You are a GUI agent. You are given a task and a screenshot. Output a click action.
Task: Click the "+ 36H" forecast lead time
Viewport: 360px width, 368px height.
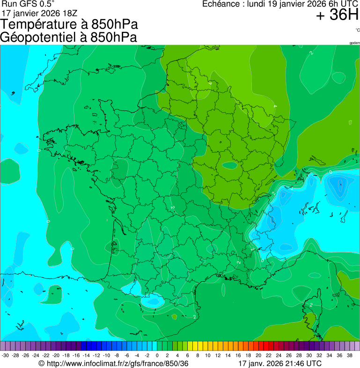click(x=337, y=15)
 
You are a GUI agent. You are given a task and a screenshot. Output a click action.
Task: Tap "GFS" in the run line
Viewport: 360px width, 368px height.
click(x=25, y=4)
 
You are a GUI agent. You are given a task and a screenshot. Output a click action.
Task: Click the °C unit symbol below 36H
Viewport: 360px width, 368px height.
click(x=357, y=30)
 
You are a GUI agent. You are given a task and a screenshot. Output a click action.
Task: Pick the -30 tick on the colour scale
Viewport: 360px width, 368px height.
click(x=5, y=356)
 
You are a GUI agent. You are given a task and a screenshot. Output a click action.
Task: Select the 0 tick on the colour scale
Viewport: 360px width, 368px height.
click(x=157, y=356)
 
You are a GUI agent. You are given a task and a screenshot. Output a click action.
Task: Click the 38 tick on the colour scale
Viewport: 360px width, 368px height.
click(x=349, y=356)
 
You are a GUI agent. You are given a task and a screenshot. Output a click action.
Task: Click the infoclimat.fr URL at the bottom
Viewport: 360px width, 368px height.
click(x=117, y=363)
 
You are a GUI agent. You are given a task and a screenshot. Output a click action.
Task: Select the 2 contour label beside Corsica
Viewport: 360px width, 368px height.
click(x=311, y=305)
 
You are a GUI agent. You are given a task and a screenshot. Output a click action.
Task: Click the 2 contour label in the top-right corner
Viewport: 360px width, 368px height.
click(x=311, y=53)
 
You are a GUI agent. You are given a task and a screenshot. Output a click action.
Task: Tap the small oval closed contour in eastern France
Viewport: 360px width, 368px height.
click(x=229, y=165)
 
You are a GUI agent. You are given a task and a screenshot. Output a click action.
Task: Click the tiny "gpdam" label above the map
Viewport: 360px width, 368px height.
click(x=354, y=43)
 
